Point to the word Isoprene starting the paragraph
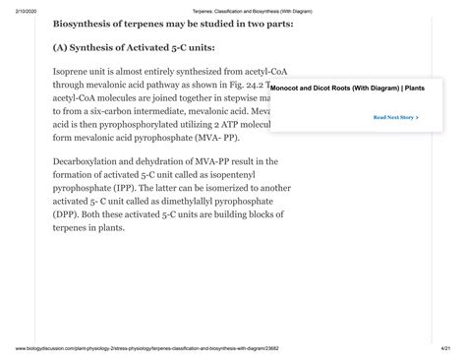[x=75, y=72]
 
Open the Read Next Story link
[x=395, y=117]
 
